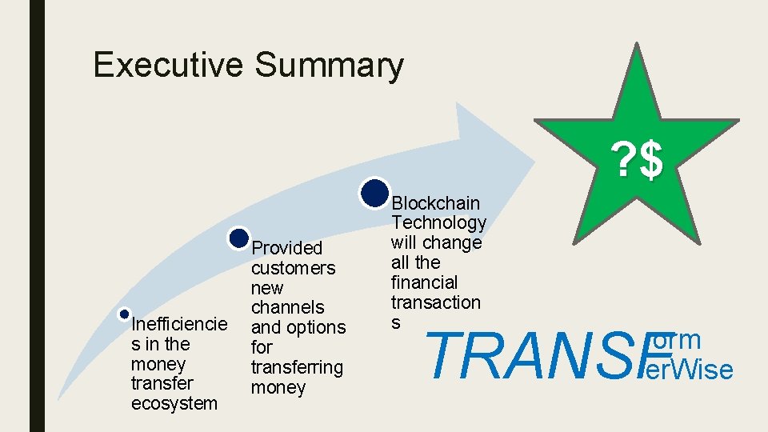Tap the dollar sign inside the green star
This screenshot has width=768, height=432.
click(x=651, y=161)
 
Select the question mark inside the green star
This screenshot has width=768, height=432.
click(x=622, y=161)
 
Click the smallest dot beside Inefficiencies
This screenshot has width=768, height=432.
click(x=124, y=314)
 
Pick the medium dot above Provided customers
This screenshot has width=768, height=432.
click(x=239, y=238)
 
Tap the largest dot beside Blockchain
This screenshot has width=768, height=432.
click(x=374, y=192)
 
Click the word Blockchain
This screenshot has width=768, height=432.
click(x=437, y=203)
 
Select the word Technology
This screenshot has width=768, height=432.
click(x=438, y=223)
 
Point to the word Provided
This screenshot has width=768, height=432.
click(x=287, y=248)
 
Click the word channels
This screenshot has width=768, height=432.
click(x=287, y=307)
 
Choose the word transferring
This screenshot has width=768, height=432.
click(x=297, y=367)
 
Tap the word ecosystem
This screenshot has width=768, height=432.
click(x=174, y=403)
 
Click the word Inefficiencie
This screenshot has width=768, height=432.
click(x=179, y=324)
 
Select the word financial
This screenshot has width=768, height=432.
click(x=424, y=282)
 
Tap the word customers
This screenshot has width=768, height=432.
click(x=293, y=268)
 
